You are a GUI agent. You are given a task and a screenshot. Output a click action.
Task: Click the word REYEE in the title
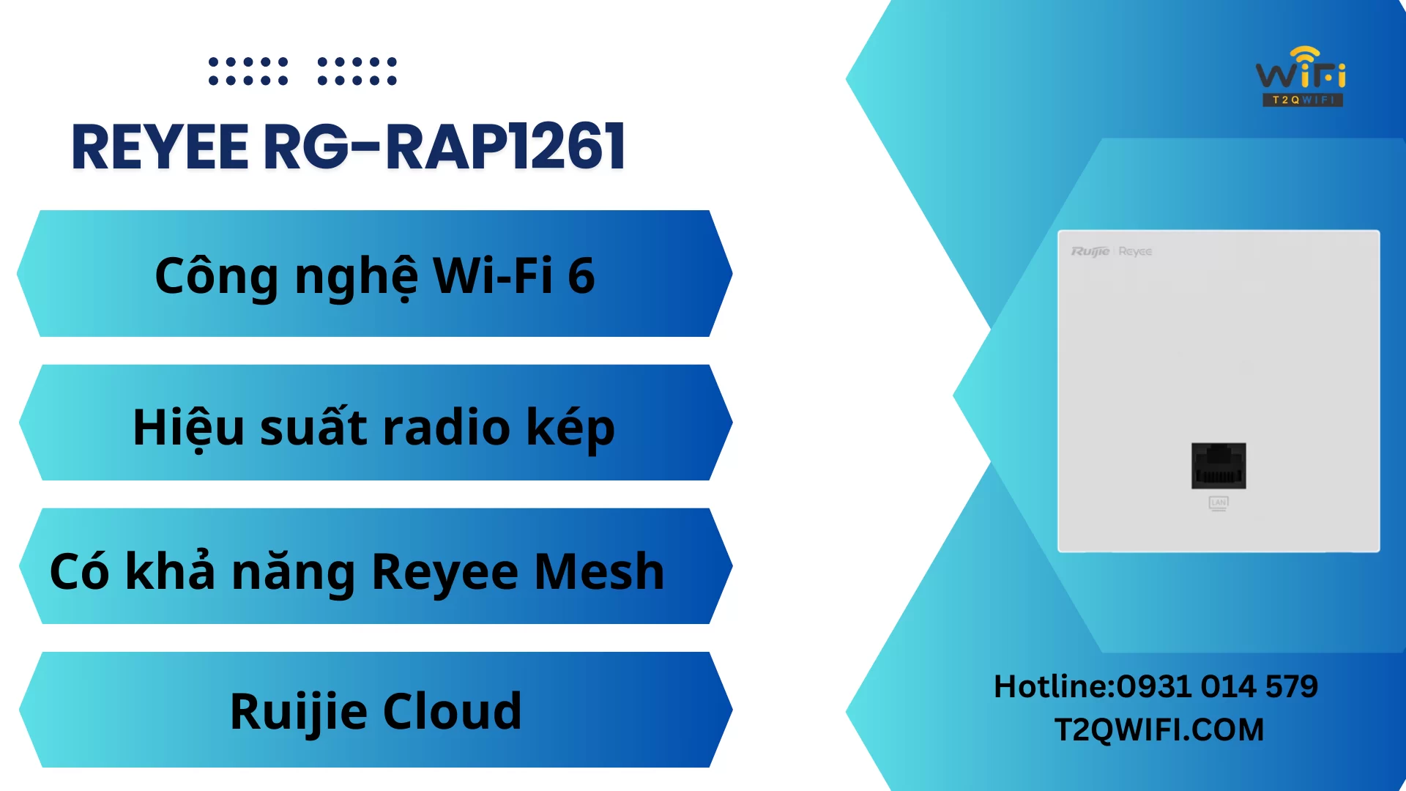click(x=160, y=147)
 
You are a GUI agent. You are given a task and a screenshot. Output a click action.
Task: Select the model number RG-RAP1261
click(x=444, y=147)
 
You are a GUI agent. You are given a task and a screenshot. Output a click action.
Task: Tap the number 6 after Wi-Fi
click(x=581, y=276)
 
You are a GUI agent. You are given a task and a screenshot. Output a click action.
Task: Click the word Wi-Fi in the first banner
click(x=493, y=275)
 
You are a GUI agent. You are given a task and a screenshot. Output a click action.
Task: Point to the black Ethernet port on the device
click(x=1219, y=466)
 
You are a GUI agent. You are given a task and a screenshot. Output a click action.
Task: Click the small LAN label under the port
click(x=1219, y=503)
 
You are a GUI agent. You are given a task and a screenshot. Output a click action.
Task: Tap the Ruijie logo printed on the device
click(x=1090, y=251)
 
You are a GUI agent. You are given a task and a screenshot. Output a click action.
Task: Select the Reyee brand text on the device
click(x=1135, y=251)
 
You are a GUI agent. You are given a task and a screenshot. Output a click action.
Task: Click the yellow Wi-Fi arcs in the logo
click(x=1305, y=56)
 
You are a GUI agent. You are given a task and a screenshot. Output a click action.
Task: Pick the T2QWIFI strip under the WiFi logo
click(x=1303, y=100)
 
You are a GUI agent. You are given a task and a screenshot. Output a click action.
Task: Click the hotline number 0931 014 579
click(x=1217, y=686)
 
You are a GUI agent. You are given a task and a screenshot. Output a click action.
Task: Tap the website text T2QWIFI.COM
click(x=1159, y=729)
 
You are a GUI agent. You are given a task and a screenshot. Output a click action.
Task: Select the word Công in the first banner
click(x=217, y=276)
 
